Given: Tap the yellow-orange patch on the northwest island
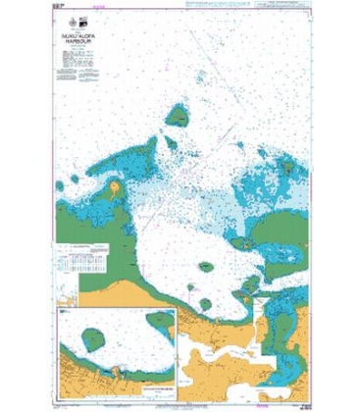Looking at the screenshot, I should (x=115, y=185).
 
